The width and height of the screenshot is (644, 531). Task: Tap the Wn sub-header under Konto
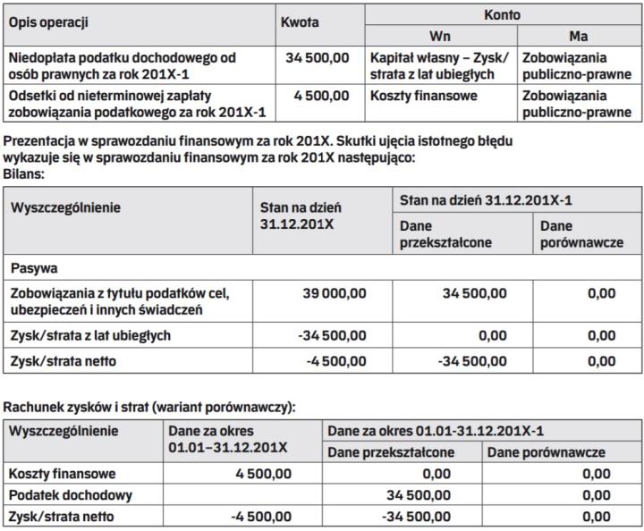439,36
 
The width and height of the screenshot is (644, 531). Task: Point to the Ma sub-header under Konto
578,36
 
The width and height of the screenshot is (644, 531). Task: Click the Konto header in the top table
504,15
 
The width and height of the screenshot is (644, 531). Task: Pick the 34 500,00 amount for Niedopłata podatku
318,58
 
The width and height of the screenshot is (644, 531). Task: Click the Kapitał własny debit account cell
438,66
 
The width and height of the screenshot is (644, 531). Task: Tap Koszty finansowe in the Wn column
424,96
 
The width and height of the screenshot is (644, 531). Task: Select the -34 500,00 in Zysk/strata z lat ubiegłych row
332,335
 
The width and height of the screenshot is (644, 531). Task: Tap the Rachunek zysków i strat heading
150,407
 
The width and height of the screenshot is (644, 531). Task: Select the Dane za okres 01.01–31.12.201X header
228,438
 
